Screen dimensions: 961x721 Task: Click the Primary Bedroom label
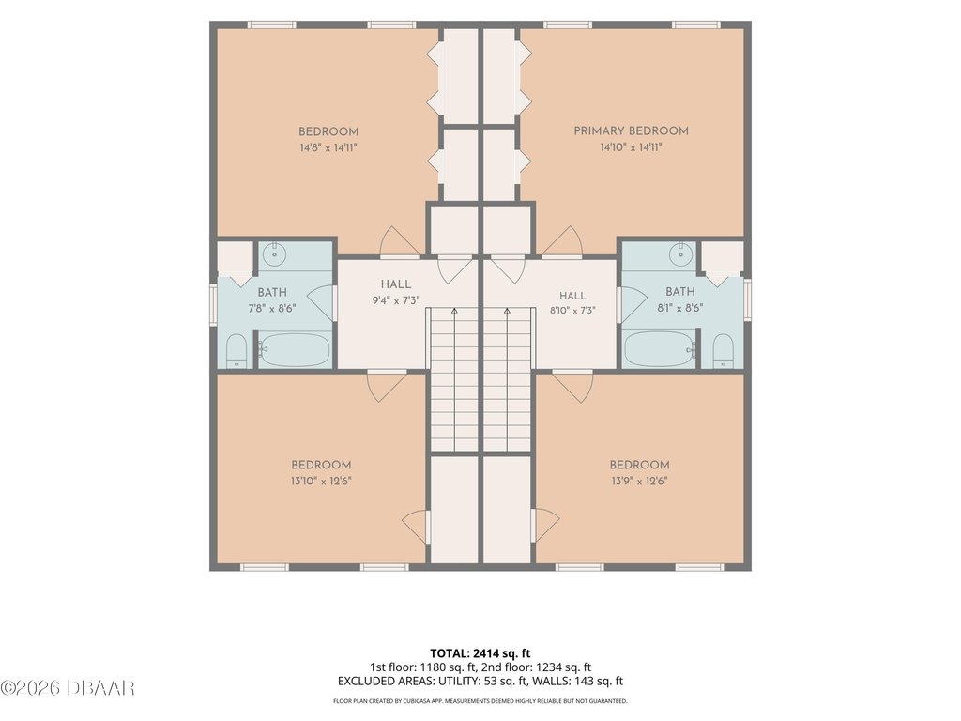click(x=631, y=130)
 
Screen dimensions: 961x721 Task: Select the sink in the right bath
click(x=680, y=253)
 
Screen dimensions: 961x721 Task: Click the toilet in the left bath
click(x=236, y=351)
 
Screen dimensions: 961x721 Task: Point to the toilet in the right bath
click(x=724, y=351)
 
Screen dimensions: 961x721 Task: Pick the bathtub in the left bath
click(x=294, y=350)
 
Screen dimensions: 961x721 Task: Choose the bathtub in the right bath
click(x=661, y=349)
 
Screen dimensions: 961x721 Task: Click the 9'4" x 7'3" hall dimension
click(x=396, y=300)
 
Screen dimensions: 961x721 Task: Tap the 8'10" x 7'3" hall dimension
click(x=572, y=311)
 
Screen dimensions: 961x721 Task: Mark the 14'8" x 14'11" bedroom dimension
click(x=328, y=147)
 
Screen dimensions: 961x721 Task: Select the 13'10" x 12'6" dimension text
click(x=321, y=482)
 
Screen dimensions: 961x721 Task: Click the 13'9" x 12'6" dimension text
click(x=639, y=482)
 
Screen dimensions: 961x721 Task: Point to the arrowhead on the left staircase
click(x=454, y=312)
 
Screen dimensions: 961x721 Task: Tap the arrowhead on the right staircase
click(x=507, y=312)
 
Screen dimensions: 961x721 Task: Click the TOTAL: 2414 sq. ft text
click(x=480, y=653)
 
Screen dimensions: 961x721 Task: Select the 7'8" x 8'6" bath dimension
click(x=272, y=308)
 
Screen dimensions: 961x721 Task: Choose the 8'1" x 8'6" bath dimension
click(x=679, y=308)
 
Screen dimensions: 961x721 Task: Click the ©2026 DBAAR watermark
click(x=68, y=688)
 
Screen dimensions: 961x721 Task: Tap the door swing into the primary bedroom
click(x=562, y=242)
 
